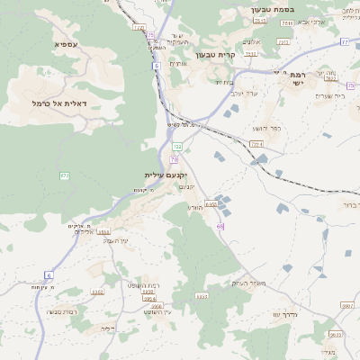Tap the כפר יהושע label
pos(266,129)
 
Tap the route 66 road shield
pos(220,226)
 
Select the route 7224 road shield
pos(256,144)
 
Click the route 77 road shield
pos(344,41)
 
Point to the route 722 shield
pos(177,146)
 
